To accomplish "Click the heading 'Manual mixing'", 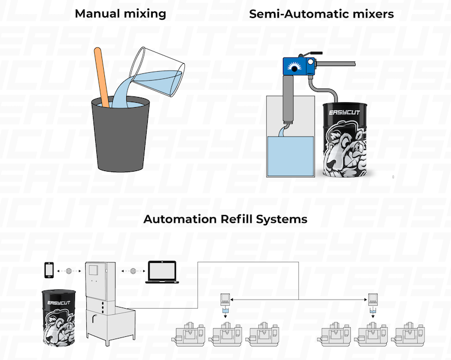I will (120, 13).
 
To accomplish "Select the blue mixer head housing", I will (298, 67).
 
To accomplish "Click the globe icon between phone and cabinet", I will (69, 271).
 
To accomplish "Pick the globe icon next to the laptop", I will (133, 271).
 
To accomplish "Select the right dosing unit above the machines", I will (373, 303).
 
